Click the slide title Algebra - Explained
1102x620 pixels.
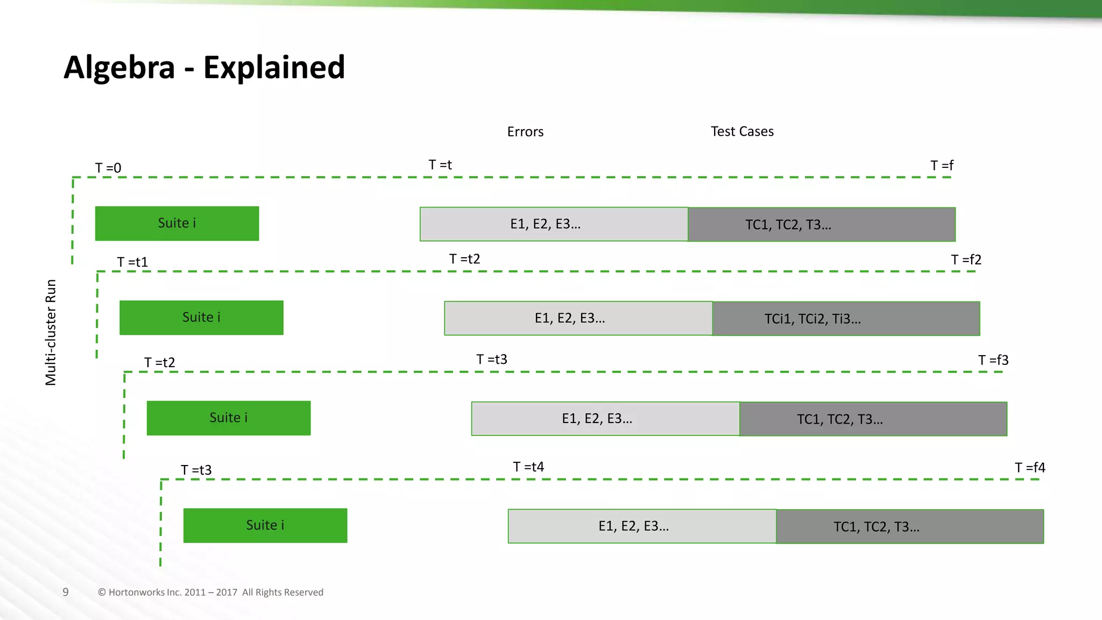pos(204,67)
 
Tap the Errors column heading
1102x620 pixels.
pos(525,132)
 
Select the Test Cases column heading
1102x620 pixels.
pos(742,131)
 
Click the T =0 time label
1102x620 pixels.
pos(108,168)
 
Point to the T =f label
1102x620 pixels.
pos(942,165)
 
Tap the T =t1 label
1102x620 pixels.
pos(132,262)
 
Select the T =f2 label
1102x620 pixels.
pos(966,260)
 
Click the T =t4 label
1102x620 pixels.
pos(528,467)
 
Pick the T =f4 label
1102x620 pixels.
pos(1030,468)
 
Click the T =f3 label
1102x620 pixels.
pos(993,360)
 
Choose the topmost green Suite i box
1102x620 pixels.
pos(177,223)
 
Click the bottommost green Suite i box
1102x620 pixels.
pos(265,525)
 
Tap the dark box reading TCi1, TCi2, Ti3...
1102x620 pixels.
pos(846,319)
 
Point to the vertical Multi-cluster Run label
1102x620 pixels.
pos(51,332)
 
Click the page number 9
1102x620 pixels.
pos(66,592)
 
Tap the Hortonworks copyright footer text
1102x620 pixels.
pos(210,592)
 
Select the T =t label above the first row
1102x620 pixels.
pos(440,165)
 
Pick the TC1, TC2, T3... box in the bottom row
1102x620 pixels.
pos(909,526)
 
